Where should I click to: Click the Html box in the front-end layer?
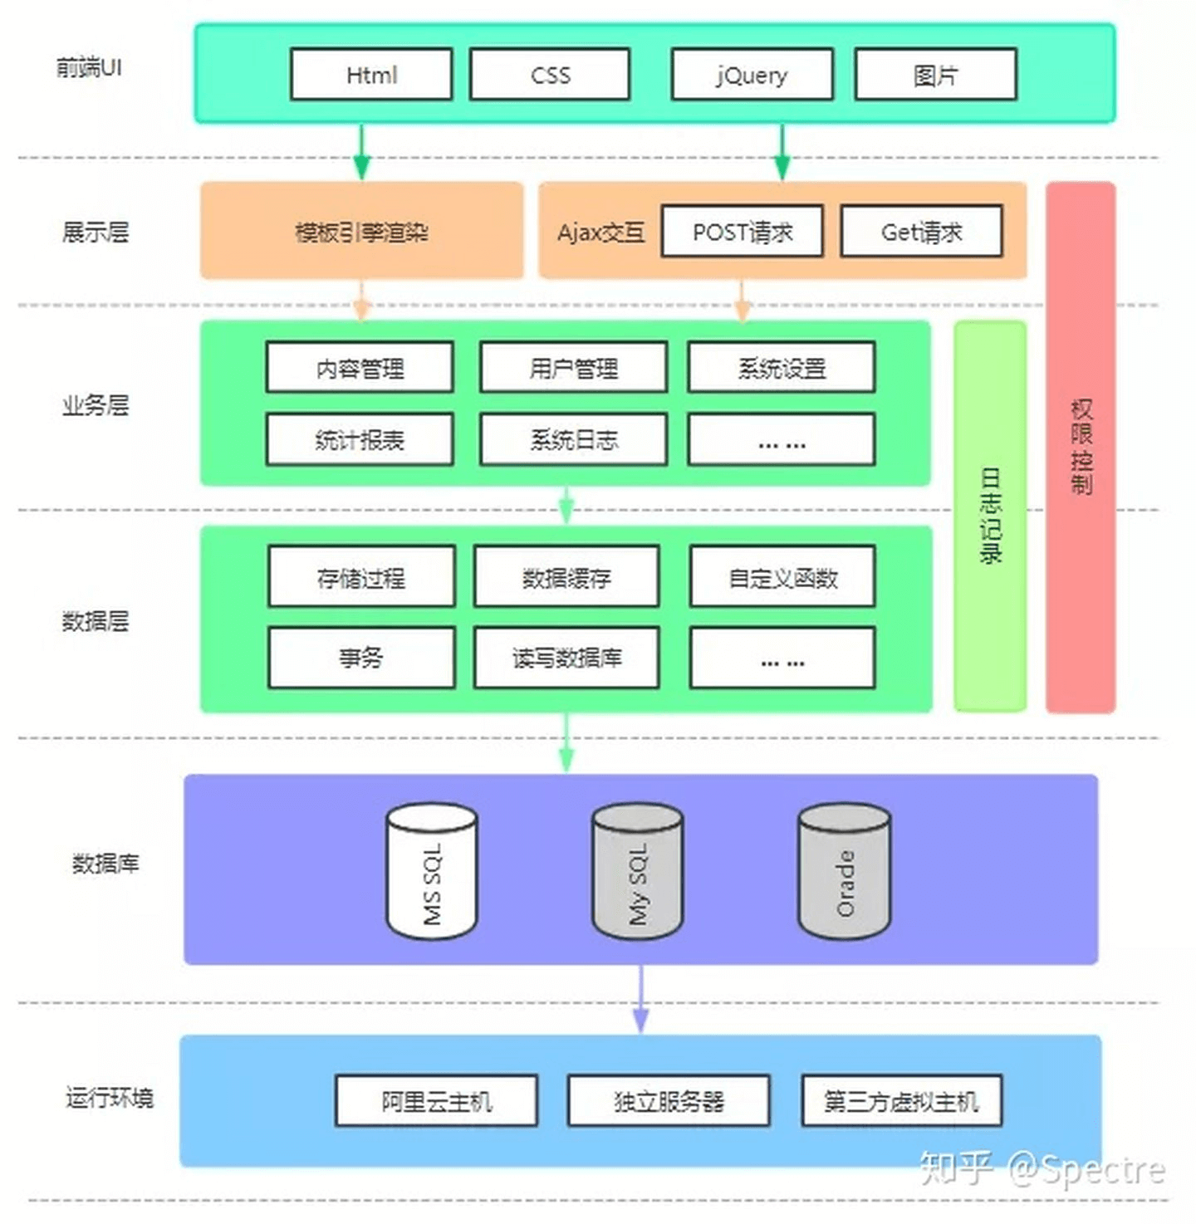point(371,75)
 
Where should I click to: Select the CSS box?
point(550,75)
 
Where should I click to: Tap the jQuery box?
point(752,75)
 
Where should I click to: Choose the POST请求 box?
point(742,232)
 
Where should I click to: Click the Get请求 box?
point(921,232)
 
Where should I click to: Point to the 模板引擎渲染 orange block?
point(361,232)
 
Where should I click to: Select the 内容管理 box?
point(360,367)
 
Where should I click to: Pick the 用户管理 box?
point(573,367)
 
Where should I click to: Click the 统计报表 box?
point(360,439)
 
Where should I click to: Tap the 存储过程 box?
point(361,576)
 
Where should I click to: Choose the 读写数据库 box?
point(566,658)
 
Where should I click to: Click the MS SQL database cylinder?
point(432,872)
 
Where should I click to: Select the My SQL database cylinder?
point(637,872)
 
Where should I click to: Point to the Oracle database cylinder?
point(844,872)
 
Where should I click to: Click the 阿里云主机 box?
point(436,1101)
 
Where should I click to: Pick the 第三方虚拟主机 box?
point(901,1101)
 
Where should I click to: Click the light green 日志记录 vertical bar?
point(990,515)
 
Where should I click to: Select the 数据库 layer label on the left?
point(105,864)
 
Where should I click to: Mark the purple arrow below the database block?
point(640,1000)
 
